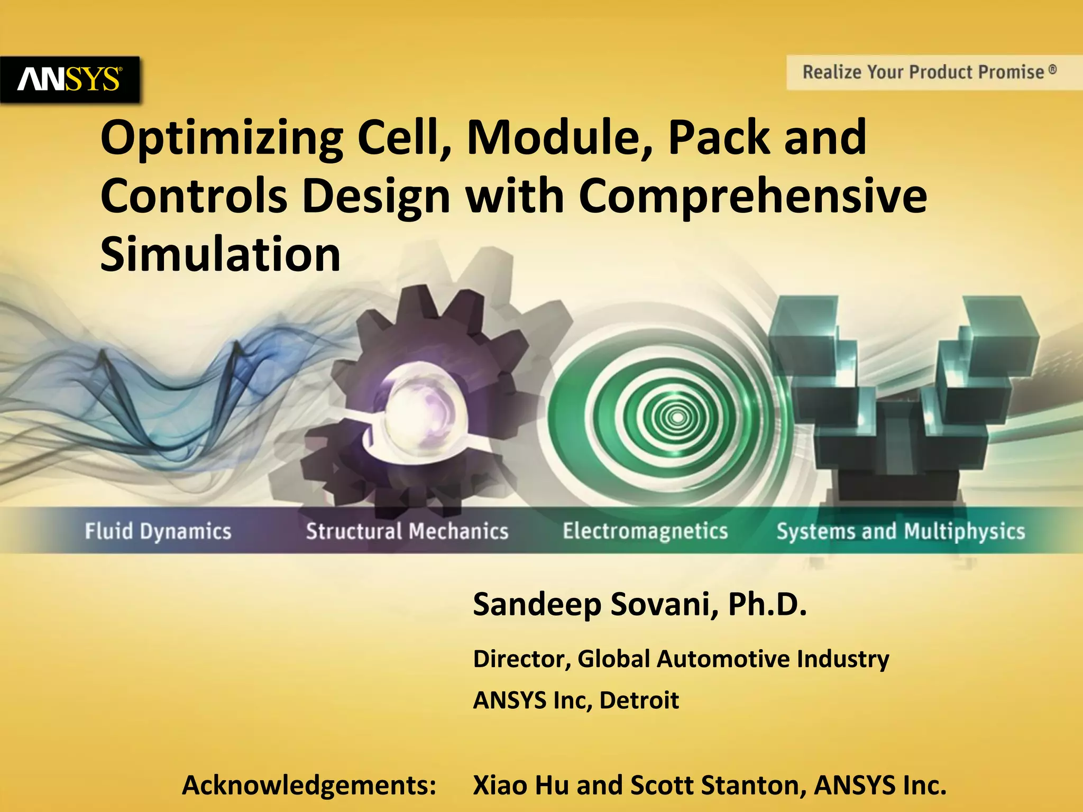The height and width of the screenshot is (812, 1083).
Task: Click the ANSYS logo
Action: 69,79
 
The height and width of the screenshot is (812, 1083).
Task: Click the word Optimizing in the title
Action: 222,139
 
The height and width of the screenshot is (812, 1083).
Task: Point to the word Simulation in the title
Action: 220,255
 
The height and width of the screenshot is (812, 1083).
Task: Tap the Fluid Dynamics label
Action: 158,531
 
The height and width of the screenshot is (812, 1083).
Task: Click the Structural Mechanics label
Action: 407,531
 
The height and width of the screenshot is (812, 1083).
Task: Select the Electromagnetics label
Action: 645,530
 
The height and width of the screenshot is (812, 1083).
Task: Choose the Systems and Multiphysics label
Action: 900,531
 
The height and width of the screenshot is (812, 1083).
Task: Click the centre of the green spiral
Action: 676,418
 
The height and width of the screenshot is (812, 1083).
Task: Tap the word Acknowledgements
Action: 309,785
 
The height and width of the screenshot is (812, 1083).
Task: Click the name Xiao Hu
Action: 521,785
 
